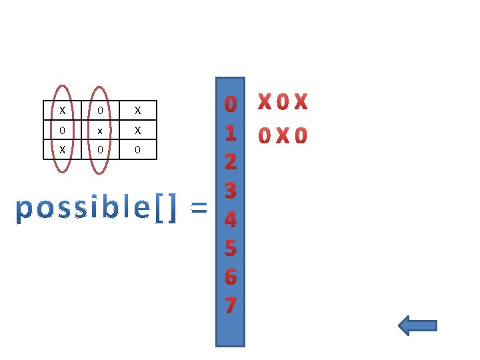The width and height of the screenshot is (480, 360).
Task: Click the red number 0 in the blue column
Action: click(x=230, y=105)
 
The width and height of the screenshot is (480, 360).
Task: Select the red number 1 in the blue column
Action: click(x=230, y=133)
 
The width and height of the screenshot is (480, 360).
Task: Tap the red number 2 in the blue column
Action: click(x=230, y=162)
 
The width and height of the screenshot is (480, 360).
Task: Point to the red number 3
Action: click(x=230, y=191)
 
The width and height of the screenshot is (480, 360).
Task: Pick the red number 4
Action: click(x=230, y=219)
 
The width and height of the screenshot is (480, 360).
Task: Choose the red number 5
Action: click(x=230, y=248)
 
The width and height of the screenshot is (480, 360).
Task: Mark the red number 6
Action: click(x=230, y=277)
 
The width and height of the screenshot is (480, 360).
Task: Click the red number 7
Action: click(x=230, y=305)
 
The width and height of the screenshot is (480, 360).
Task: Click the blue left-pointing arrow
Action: click(x=417, y=325)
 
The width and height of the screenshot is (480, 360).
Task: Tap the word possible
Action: click(x=83, y=209)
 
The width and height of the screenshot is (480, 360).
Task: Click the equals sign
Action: click(x=198, y=209)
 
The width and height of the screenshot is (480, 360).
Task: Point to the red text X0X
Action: click(x=283, y=103)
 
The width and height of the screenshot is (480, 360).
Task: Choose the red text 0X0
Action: click(x=283, y=136)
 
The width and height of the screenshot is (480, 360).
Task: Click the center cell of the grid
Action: click(x=100, y=130)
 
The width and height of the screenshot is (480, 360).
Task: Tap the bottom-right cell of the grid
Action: click(x=137, y=150)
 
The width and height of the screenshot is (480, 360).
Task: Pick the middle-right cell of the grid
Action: click(x=137, y=130)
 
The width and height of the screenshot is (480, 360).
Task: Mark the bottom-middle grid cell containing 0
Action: click(x=100, y=150)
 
